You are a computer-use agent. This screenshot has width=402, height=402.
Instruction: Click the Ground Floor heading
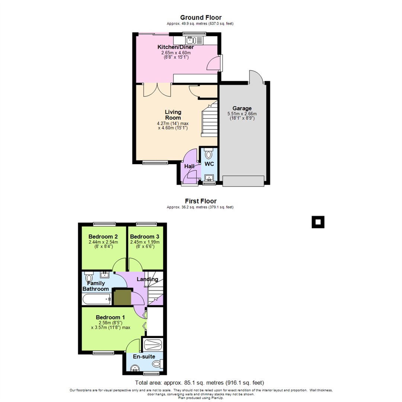coord(201,17)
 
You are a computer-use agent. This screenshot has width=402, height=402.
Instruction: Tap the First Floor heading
coord(201,201)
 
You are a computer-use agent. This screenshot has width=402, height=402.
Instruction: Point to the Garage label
coord(242,108)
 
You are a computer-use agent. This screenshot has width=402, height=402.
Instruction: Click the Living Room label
coord(173,115)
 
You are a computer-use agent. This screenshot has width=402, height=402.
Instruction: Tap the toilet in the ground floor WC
coord(208,153)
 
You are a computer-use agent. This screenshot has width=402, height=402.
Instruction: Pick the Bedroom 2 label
coord(103,236)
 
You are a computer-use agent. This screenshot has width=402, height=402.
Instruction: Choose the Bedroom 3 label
coord(145,236)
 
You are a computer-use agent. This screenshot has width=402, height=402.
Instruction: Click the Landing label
coord(147,279)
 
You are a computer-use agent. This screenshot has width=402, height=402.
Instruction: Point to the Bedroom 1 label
coord(110,317)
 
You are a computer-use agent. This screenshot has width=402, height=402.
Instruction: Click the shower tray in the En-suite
coord(153,345)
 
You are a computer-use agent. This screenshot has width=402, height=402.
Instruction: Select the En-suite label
coord(144,357)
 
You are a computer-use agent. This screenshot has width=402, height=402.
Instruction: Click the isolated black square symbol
coord(318,222)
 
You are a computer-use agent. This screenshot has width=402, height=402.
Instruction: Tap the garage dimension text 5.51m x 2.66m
coord(242,114)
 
